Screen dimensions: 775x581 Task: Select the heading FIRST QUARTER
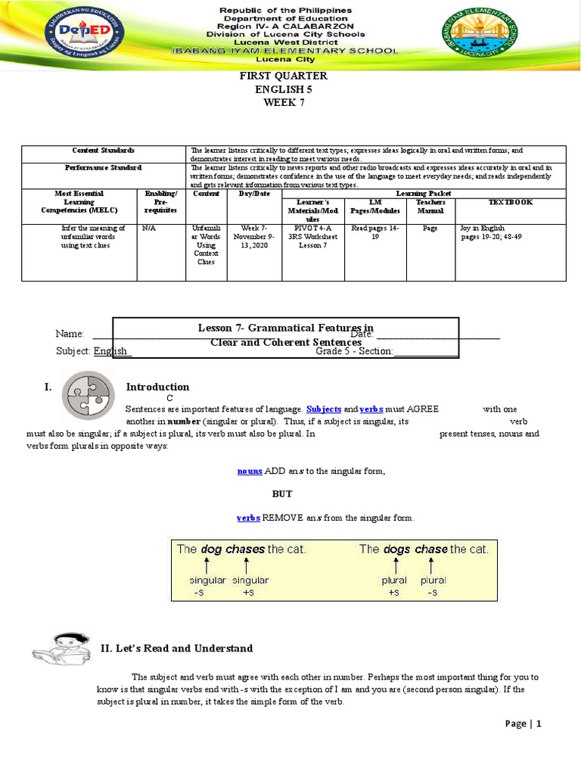[284, 76]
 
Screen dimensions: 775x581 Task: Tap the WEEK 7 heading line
[284, 102]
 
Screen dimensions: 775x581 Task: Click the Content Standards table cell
[104, 151]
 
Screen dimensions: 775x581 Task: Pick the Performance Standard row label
[104, 167]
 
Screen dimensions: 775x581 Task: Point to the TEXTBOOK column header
[511, 202]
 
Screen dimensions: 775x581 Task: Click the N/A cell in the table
[149, 228]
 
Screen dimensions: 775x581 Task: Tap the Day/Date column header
[254, 194]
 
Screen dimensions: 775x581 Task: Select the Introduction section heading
[157, 387]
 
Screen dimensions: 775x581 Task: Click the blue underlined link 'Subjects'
[324, 409]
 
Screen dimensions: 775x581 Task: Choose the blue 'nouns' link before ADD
[250, 471]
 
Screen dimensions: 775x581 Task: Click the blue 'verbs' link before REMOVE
[248, 518]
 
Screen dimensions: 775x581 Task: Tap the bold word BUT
[282, 493]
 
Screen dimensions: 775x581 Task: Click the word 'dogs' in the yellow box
[396, 549]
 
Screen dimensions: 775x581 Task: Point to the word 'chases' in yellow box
[244, 549]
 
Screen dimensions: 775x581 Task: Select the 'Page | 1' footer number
[524, 724]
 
